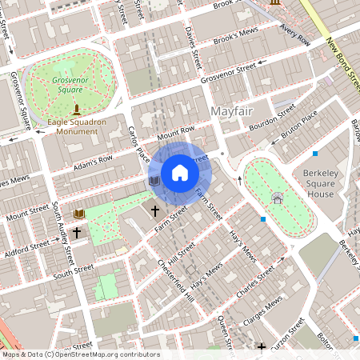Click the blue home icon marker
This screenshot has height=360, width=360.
point(180,172)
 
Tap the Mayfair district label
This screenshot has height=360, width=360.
point(231,110)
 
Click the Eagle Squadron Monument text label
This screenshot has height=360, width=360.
point(78,126)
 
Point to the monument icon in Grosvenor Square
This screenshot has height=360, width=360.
point(77,108)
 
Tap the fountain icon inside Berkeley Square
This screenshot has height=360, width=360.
point(277,197)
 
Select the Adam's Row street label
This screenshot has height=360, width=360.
point(93,163)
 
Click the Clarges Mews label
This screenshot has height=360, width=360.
point(265,309)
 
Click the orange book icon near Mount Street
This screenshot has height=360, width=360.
point(78,214)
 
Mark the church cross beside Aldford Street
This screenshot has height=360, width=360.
point(77,233)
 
